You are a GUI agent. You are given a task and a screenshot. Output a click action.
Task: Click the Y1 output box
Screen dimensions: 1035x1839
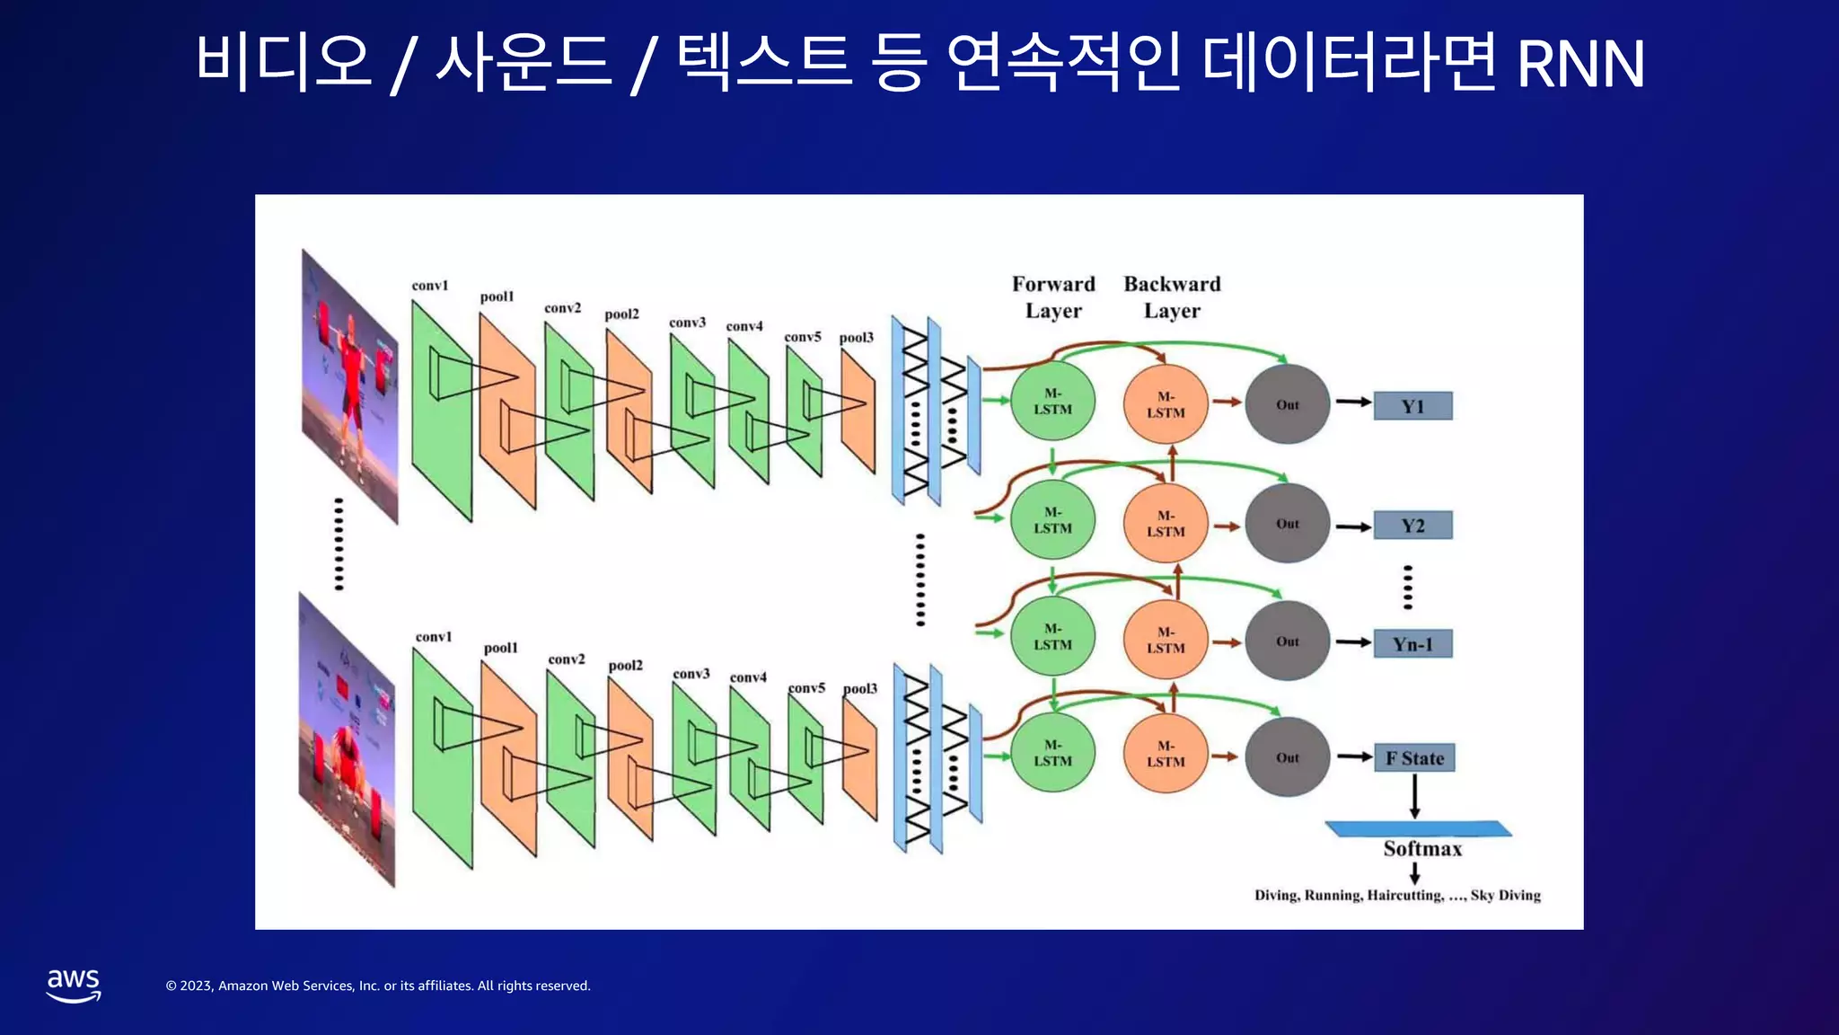[x=1412, y=406]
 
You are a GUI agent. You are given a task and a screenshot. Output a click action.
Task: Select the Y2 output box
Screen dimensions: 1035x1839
[x=1412, y=526]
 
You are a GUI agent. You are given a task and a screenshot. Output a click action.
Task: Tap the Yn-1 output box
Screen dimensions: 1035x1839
[x=1412, y=644]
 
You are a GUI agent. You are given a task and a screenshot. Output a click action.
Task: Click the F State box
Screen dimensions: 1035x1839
[x=1414, y=758]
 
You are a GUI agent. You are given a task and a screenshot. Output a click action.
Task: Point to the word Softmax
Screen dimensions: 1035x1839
[x=1422, y=849]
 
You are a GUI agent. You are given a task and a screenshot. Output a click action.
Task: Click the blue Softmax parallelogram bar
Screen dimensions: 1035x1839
[x=1418, y=828]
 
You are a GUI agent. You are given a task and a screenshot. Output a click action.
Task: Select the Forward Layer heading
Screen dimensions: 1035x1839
[x=1053, y=297]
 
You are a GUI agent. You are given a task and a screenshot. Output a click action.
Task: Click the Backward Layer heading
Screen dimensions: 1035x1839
[x=1172, y=297]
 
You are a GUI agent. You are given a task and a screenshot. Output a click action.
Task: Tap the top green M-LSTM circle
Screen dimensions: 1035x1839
[x=1052, y=402]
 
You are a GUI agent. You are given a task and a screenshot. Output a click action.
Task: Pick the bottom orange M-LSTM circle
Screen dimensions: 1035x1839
[x=1166, y=754]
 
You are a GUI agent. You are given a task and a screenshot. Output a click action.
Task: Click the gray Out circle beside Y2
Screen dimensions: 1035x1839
[x=1287, y=524]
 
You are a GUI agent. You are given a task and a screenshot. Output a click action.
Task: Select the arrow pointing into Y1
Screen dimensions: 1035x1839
[x=1353, y=402]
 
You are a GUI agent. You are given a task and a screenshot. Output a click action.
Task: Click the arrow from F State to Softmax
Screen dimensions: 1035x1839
[x=1415, y=796]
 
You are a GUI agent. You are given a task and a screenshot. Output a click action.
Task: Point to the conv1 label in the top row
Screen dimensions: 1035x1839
[x=429, y=286]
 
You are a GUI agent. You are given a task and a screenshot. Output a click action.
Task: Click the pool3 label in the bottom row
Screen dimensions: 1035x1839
[x=859, y=689]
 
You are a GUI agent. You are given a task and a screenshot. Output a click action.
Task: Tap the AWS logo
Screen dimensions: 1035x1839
[x=74, y=985]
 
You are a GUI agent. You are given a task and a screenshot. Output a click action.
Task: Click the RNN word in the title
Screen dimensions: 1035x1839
[x=1580, y=65]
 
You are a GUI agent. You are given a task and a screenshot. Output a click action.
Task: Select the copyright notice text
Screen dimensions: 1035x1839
[x=378, y=986]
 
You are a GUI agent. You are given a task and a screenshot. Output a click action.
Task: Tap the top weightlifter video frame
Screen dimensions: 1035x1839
[x=349, y=386]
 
